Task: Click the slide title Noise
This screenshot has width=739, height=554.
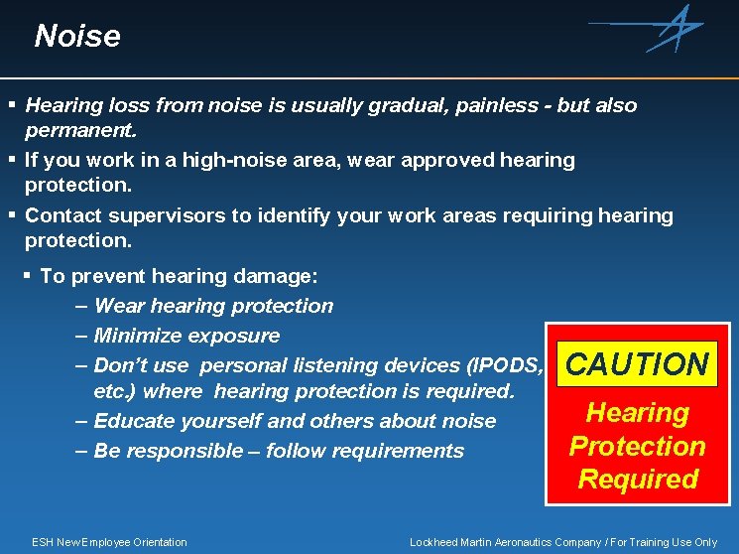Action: (76, 37)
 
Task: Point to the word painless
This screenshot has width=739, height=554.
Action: (500, 105)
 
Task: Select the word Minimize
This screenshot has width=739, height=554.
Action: (138, 336)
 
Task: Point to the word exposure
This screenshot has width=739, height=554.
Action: (233, 336)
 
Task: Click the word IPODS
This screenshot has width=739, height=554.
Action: (504, 365)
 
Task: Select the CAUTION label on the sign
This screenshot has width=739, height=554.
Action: (637, 364)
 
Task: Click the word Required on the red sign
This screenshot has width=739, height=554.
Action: (638, 480)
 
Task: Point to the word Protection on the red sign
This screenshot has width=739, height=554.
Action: (637, 446)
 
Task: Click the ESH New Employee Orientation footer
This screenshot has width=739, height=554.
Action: (109, 542)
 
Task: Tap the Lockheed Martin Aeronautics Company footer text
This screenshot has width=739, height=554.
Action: (563, 542)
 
